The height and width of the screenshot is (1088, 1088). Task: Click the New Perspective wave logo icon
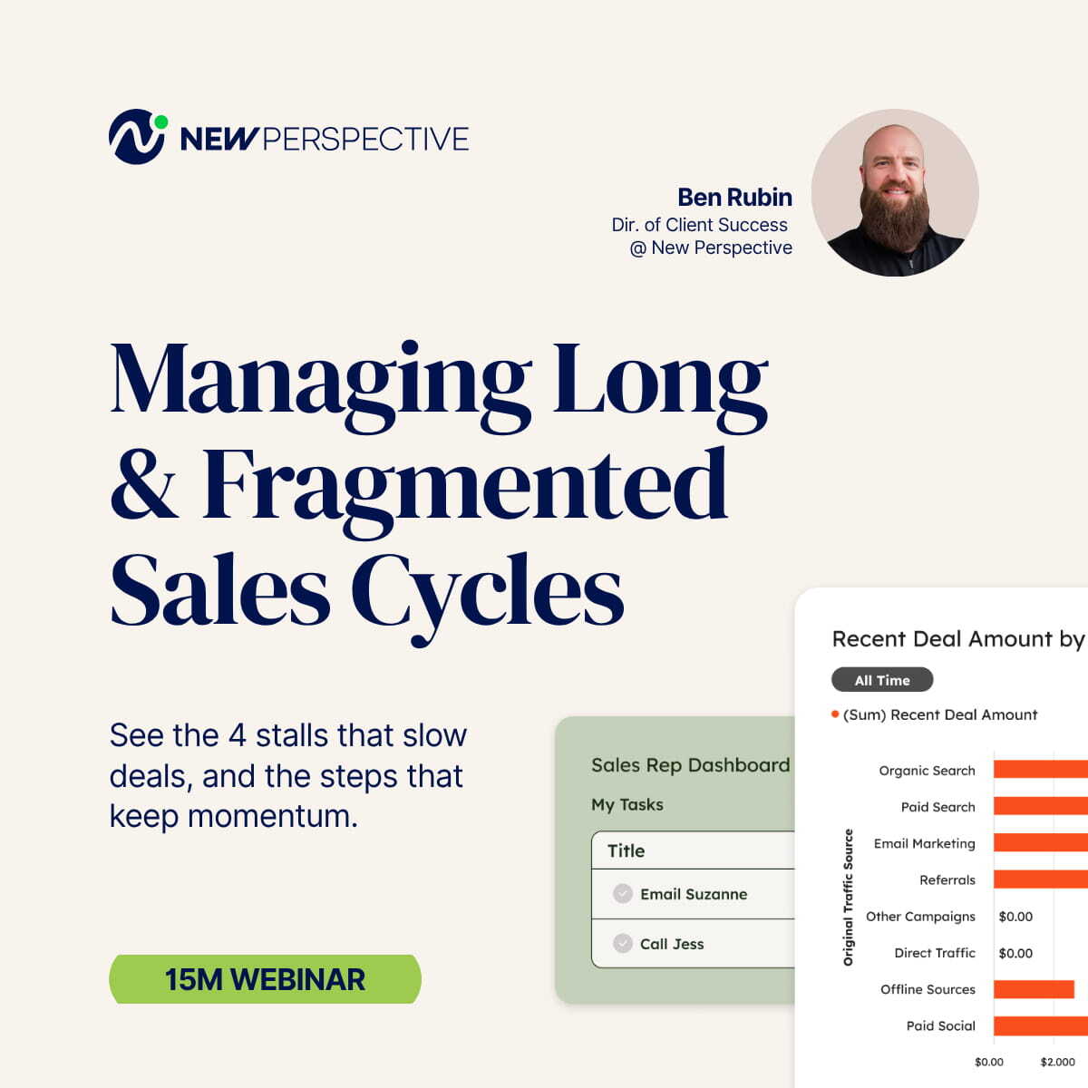136,137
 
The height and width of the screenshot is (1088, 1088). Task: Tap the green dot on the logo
160,121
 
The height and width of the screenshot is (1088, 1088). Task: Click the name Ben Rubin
734,197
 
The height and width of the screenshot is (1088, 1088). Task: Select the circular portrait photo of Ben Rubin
894,192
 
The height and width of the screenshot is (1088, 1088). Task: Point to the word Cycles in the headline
487,591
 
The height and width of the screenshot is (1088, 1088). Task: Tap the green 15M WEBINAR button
265,979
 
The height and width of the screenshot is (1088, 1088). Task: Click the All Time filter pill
881,680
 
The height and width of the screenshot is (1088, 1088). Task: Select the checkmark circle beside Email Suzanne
623,893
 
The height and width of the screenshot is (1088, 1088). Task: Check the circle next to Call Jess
623,943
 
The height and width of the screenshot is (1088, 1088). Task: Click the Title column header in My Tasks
626,850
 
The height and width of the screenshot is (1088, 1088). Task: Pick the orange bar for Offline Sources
1034,989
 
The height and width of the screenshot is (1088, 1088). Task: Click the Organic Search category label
927,771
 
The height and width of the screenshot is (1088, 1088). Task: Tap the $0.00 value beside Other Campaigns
1015,917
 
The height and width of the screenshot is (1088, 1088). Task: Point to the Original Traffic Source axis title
849,897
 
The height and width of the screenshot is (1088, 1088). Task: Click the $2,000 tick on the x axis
1057,1062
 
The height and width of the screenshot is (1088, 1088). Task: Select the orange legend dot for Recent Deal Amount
835,714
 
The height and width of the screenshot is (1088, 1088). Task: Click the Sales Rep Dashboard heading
690,765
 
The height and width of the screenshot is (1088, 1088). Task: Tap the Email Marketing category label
924,843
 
